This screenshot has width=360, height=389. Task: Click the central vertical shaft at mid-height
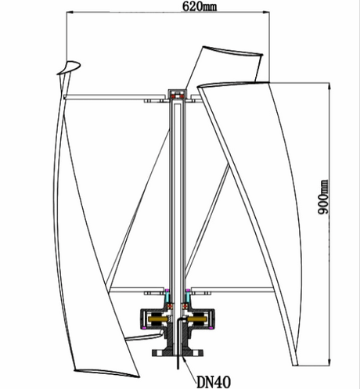[178, 196]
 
